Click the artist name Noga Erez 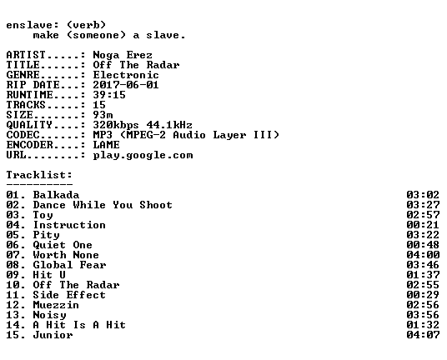[123, 55]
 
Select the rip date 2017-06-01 [126, 85]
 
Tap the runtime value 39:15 [109, 95]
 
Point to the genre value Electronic [126, 75]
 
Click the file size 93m [103, 115]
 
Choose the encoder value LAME [106, 145]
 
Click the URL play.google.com [143, 156]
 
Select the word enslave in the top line [29, 25]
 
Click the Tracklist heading [39, 175]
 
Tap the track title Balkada [56, 195]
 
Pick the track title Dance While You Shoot [103, 205]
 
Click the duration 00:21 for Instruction [423, 225]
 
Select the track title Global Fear [69, 265]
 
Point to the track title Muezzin [56, 305]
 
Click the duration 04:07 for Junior [423, 335]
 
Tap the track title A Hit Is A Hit [79, 325]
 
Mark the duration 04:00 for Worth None [423, 255]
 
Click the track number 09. [13, 275]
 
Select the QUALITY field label [29, 125]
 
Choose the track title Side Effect [69, 295]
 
